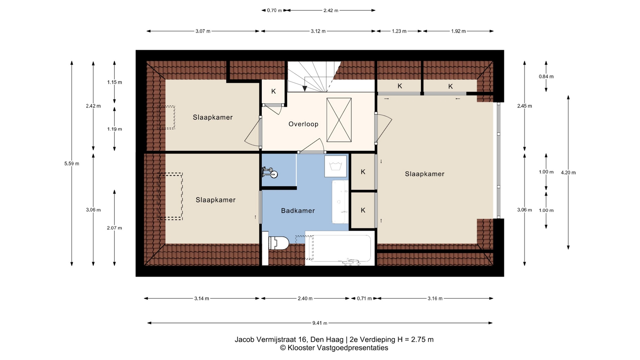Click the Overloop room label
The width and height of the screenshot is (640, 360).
coord(303,124)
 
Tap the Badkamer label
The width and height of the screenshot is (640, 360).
coord(298,211)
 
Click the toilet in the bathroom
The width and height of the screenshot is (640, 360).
coord(278,243)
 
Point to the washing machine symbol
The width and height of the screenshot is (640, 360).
coord(336,166)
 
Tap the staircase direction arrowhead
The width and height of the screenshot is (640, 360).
coord(305,89)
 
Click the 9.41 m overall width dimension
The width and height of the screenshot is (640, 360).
coord(320,323)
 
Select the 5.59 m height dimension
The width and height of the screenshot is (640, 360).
coord(72,164)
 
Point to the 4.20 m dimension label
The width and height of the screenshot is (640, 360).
coord(568,173)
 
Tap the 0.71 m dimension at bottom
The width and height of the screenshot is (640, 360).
coord(364,298)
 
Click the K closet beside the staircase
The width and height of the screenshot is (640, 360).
coord(273,91)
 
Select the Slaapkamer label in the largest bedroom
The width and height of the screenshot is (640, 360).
coord(425,174)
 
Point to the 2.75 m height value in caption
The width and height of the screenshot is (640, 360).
coord(422,340)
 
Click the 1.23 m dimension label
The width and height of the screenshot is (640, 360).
coord(399,31)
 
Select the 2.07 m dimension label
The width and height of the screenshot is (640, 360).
coord(114,228)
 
